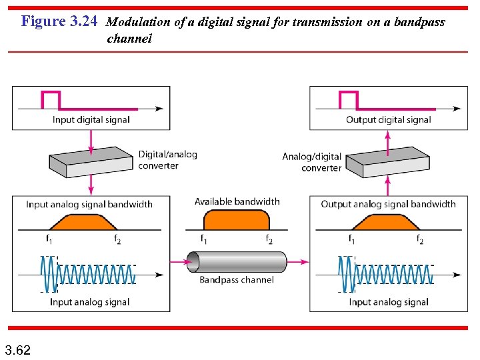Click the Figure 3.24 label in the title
59,21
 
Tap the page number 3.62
18,349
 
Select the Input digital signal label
91,120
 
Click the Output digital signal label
389,120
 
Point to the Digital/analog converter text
167,160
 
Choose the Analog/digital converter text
312,162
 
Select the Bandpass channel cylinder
236,262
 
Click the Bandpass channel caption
236,280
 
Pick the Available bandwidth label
237,201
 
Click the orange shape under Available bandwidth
236,219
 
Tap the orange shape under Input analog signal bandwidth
85,222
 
